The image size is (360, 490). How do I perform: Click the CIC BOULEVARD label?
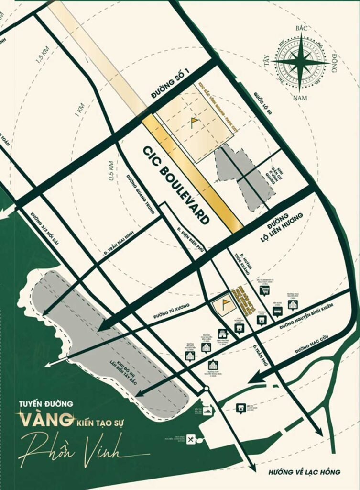(x=176, y=185)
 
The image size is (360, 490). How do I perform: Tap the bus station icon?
(x=277, y=312)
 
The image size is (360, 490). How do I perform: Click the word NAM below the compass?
(x=302, y=99)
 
